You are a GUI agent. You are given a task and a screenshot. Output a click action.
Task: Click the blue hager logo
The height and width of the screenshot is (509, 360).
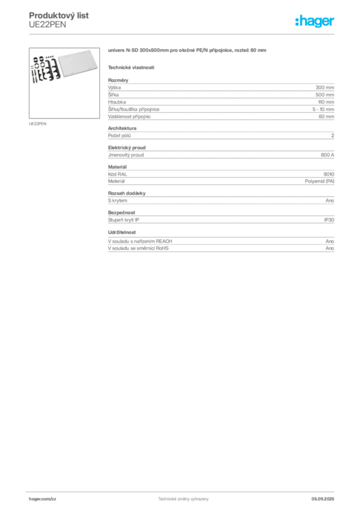[316, 21]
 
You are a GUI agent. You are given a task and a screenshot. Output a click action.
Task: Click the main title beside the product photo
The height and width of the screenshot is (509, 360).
[189, 51]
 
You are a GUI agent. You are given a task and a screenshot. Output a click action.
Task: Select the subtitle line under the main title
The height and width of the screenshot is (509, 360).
[132, 67]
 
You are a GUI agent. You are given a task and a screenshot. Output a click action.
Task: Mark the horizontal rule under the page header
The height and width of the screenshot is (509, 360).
[183, 34]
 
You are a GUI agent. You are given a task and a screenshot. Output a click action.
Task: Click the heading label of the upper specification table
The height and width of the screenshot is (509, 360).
[119, 78]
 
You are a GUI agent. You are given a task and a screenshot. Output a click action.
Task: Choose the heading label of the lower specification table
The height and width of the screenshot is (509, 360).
[127, 192]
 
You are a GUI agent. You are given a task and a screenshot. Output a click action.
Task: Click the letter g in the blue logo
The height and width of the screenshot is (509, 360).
[316, 23]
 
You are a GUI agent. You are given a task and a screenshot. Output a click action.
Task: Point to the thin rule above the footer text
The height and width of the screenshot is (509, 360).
[183, 490]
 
